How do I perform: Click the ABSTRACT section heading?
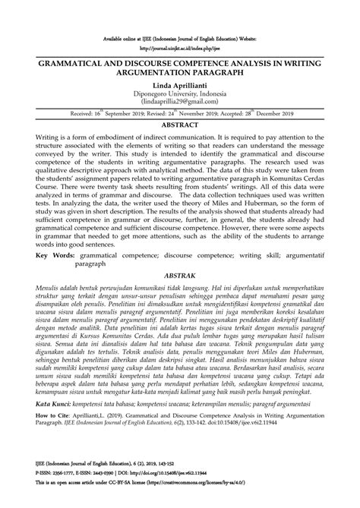tap(180, 122)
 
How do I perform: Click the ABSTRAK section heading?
tap(180, 278)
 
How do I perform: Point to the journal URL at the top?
tap(180, 45)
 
